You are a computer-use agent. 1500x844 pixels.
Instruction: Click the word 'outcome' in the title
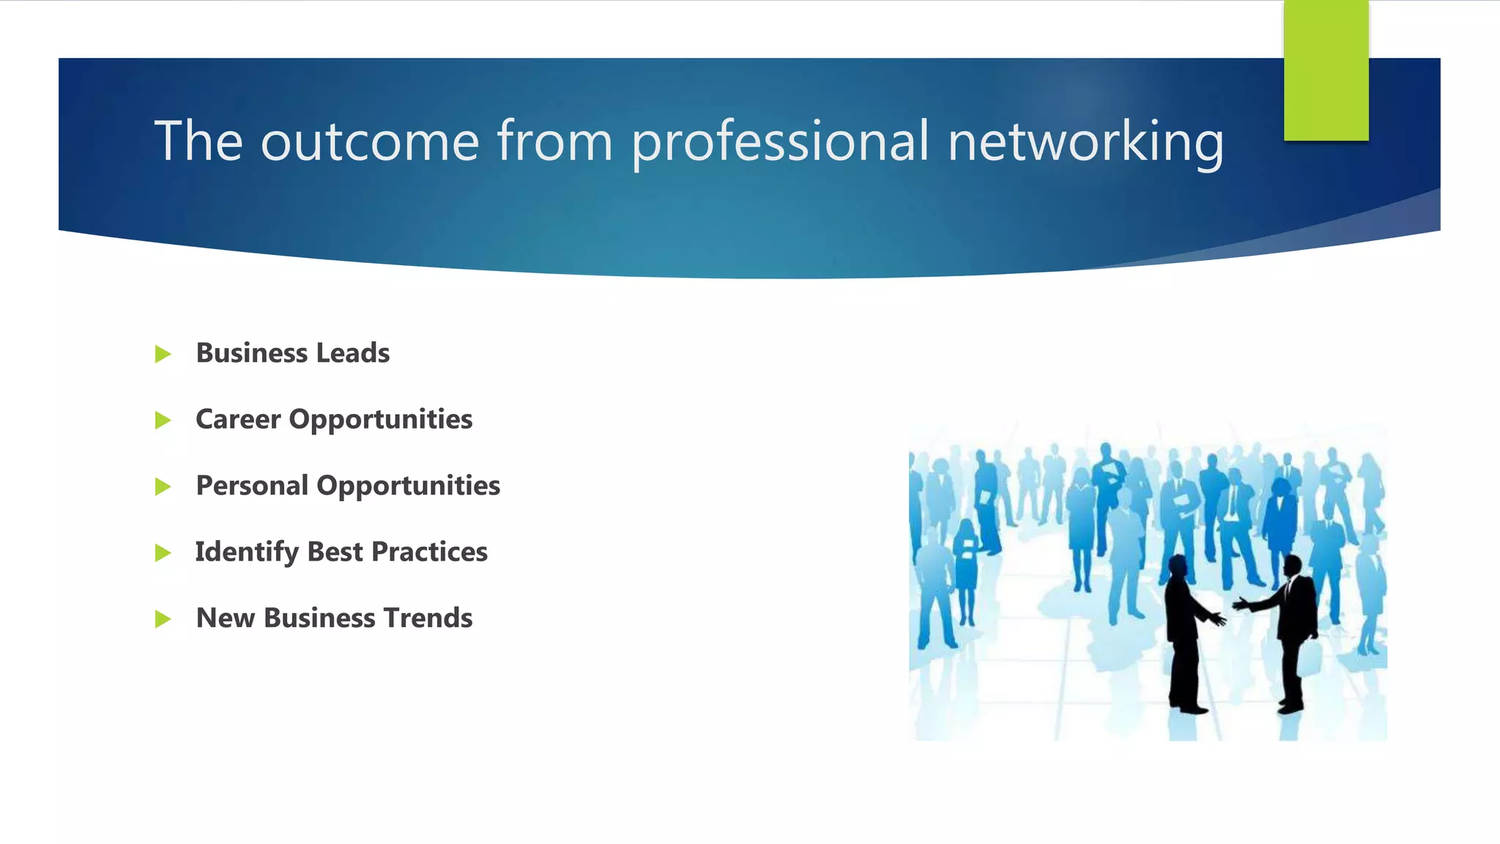pos(370,141)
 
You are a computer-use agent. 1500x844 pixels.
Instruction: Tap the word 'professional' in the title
pos(780,141)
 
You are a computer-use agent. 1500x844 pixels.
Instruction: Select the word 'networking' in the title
pos(1085,141)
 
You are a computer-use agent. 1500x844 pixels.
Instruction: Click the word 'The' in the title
pos(198,141)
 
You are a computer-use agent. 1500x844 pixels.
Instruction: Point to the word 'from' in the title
pos(554,141)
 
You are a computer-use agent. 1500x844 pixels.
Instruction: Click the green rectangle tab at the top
pos(1326,70)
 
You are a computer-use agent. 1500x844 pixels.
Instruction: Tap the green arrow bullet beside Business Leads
pos(163,355)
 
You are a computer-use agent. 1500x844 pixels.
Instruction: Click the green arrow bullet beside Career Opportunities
pos(163,421)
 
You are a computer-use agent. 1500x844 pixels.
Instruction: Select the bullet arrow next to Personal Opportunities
pos(163,486)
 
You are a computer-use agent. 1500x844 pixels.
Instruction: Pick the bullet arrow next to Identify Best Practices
pos(163,553)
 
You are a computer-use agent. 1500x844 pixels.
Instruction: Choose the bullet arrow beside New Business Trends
pos(163,619)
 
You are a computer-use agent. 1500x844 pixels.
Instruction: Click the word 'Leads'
pos(353,353)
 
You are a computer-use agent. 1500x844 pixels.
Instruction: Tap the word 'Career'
pos(238,419)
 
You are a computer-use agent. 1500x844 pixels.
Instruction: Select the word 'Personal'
pos(252,486)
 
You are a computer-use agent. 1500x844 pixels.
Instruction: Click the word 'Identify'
pos(246,552)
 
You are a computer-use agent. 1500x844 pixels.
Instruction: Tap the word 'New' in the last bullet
pos(225,618)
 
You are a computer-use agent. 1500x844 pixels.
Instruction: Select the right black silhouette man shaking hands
pos(1295,630)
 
